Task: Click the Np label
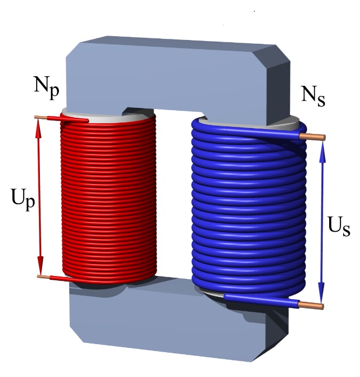click(x=46, y=87)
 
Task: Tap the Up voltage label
click(x=23, y=199)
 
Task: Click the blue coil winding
click(x=249, y=207)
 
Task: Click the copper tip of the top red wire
click(x=41, y=117)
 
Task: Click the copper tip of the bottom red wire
click(x=44, y=277)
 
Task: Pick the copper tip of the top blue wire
click(x=312, y=137)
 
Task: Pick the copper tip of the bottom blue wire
click(x=311, y=305)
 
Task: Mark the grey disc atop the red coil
click(x=108, y=116)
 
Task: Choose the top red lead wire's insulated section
click(x=68, y=119)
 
